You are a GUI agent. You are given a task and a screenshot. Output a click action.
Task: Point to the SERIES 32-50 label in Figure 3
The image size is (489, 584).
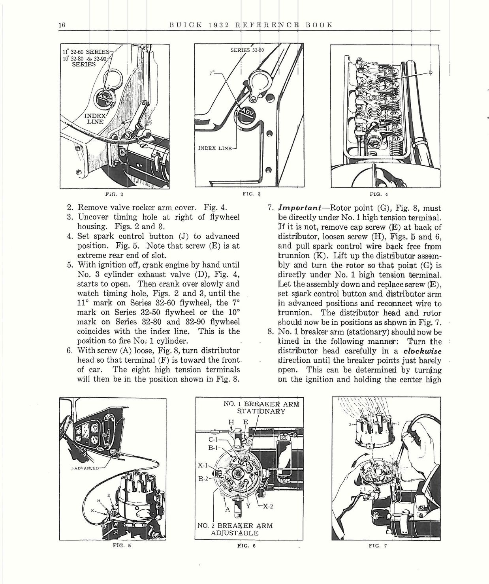coord(247,50)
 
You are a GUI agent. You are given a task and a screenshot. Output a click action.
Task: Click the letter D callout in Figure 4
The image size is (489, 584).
coord(431,72)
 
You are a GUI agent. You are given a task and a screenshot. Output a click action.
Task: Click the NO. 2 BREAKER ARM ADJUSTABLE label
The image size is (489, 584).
coord(235,529)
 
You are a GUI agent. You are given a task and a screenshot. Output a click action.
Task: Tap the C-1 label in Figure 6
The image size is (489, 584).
coord(214,439)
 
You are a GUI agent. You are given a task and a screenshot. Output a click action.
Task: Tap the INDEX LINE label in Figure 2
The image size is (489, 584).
coord(95,119)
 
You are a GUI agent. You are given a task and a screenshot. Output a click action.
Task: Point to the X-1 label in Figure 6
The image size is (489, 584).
coord(203,465)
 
